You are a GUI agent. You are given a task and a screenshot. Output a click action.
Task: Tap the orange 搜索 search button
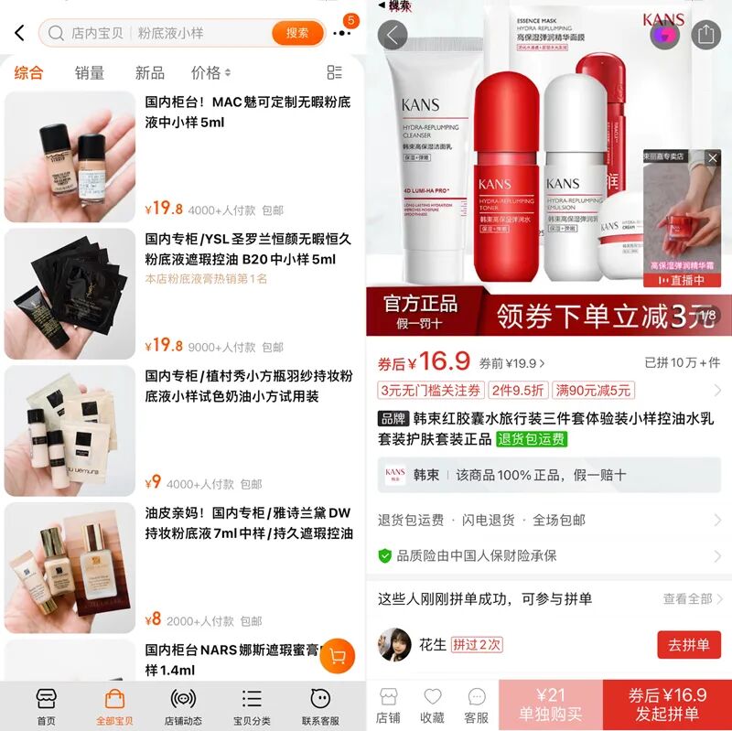[x=297, y=33]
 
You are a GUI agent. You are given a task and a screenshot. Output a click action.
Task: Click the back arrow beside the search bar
[x=19, y=33]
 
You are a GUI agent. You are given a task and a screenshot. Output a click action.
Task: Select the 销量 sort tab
[x=90, y=72]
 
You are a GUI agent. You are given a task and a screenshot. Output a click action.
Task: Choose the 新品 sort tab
[x=150, y=72]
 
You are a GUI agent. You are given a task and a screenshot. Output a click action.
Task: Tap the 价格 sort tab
[x=210, y=72]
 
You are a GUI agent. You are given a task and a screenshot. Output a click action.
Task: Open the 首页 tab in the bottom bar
[x=46, y=705]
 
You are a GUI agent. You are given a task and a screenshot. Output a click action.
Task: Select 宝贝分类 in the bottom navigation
[x=252, y=705]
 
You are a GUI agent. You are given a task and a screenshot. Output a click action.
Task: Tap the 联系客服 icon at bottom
[x=320, y=705]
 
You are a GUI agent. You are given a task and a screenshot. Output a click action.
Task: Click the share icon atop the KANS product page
[x=705, y=35]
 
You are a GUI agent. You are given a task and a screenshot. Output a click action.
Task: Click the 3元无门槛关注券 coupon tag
[x=430, y=391]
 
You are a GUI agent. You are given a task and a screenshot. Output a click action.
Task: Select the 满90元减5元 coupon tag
[x=594, y=391]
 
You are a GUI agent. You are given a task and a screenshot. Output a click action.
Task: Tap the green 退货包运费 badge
[x=532, y=439]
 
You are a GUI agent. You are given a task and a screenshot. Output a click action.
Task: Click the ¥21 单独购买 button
[x=550, y=705]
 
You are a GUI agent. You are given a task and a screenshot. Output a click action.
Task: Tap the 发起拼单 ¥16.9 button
[x=667, y=705]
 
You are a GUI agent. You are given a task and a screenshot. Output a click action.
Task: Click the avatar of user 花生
[x=394, y=644]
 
